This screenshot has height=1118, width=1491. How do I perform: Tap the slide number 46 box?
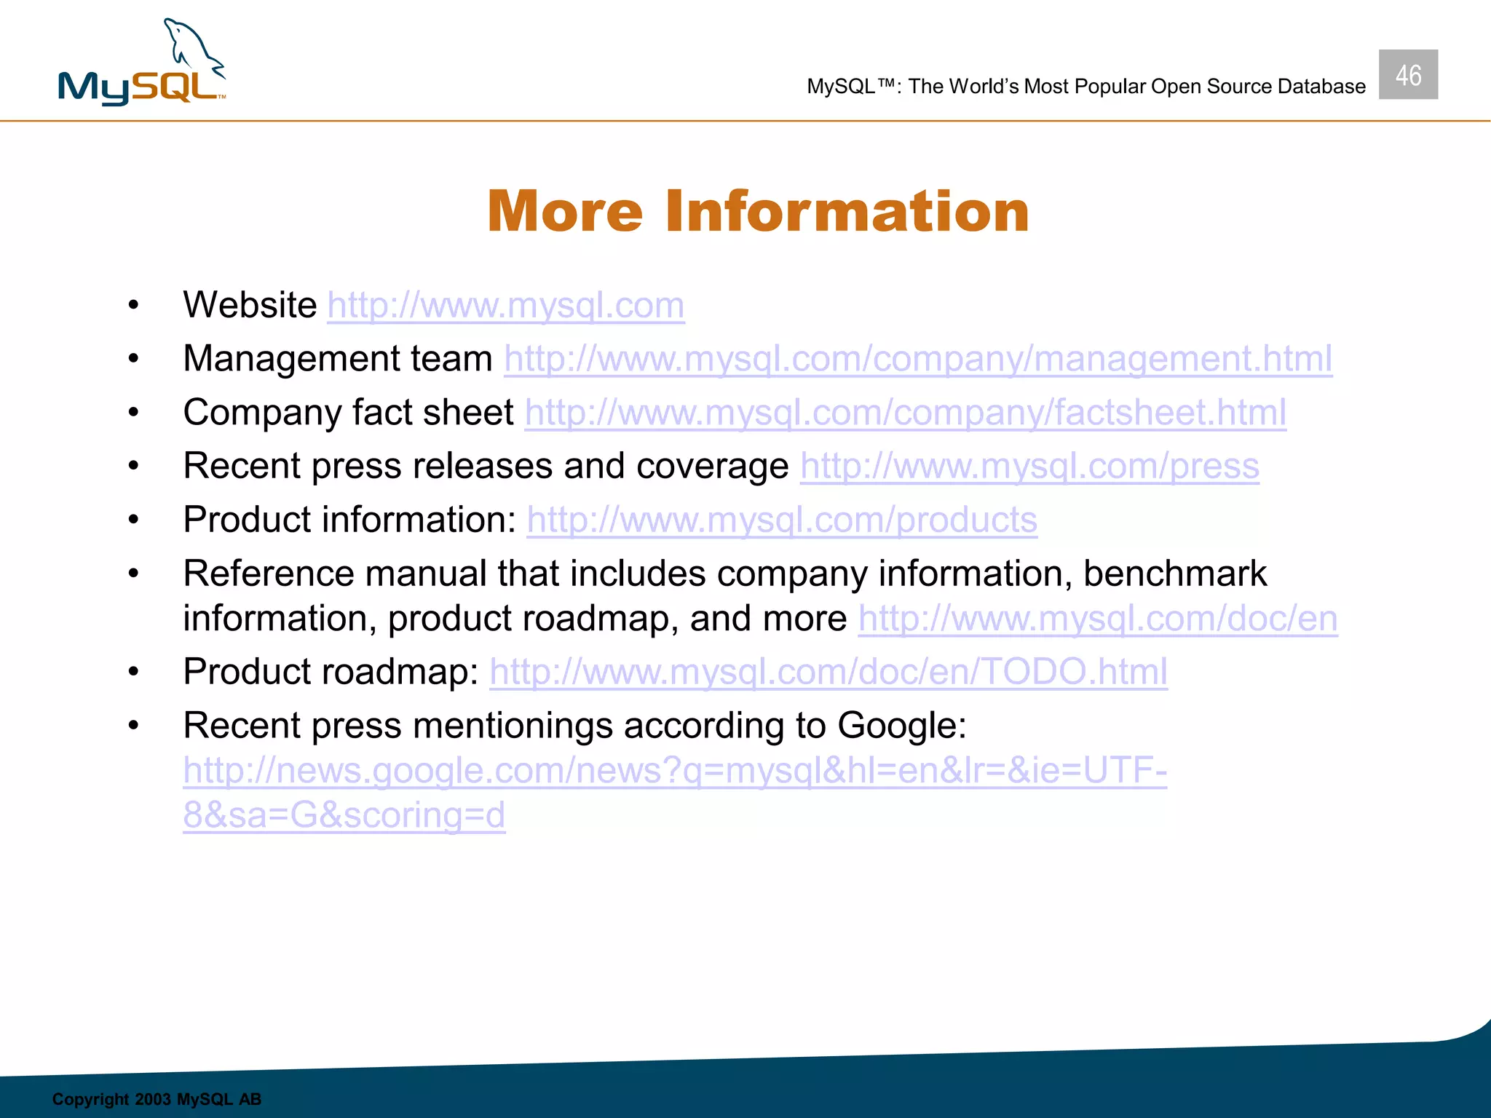1407,75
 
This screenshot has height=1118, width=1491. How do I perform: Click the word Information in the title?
847,212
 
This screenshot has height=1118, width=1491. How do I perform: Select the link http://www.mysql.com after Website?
505,306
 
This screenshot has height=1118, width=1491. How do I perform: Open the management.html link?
917,359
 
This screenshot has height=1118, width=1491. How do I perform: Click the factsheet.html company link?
905,413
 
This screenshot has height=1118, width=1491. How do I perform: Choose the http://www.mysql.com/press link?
1029,467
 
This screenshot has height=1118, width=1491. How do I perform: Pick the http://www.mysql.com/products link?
781,520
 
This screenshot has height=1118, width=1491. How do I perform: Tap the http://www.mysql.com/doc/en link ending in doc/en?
1097,619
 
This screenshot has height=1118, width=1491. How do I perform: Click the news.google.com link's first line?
674,771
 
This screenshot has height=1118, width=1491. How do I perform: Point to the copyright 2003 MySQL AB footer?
157,1099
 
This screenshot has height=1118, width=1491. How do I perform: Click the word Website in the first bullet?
250,305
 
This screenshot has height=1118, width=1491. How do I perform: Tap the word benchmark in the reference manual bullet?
1174,574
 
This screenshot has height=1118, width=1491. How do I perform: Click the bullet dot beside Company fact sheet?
133,413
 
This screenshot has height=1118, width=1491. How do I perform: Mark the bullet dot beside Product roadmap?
133,672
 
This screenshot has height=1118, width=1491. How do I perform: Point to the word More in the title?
565,212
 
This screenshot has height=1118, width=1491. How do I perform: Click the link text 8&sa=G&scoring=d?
344,816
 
